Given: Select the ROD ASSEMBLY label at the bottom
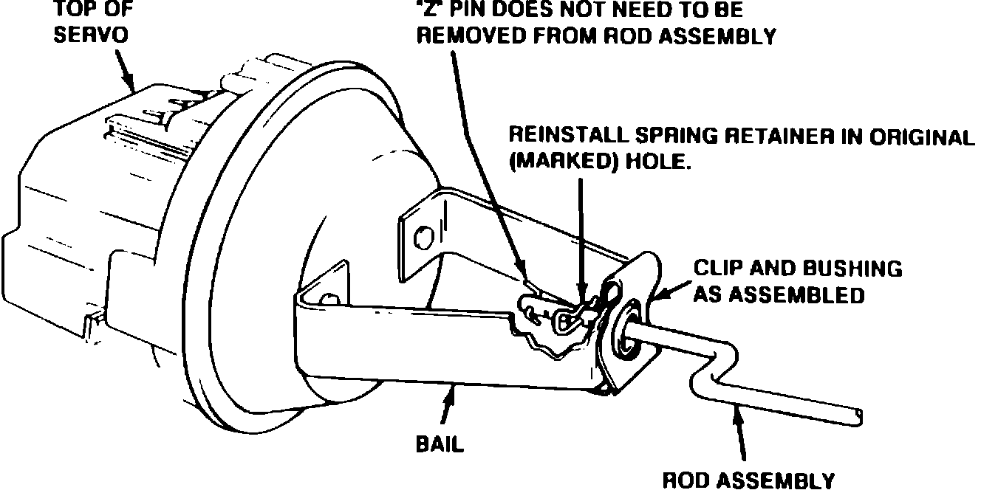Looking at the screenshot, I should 748,480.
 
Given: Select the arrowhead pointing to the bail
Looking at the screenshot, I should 448,398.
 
